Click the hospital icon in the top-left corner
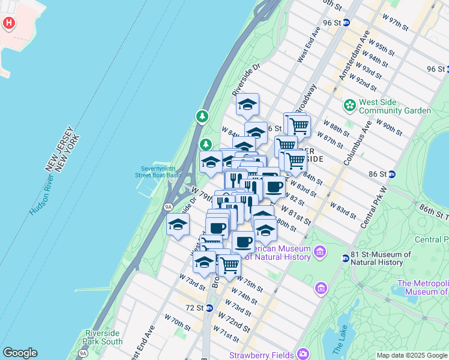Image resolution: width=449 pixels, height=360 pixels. coord(9,24)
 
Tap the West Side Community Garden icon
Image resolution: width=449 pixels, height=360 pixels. coord(349,106)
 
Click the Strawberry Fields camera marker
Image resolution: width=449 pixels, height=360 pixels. coord(303,354)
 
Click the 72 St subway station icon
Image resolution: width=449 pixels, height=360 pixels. coord(209,308)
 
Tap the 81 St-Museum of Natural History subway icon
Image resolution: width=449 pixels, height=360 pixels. coord(345,259)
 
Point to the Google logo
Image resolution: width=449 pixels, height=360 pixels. coord(20,353)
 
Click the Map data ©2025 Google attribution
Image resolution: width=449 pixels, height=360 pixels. coord(412,355)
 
